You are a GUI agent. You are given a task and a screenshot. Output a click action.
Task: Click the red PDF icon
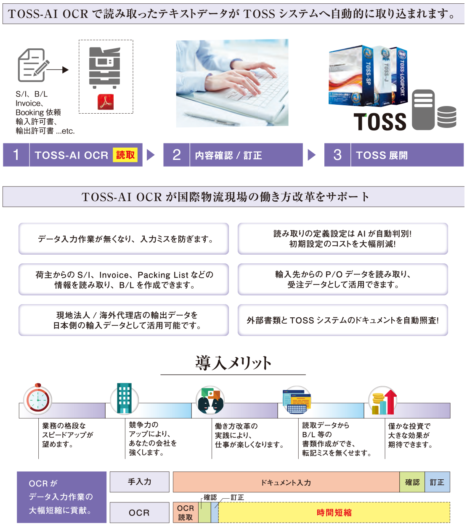pyautogui.click(x=106, y=102)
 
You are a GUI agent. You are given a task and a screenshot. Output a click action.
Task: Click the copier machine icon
pyautogui.click(x=105, y=67)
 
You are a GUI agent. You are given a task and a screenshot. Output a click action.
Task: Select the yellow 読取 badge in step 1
pyautogui.click(x=125, y=155)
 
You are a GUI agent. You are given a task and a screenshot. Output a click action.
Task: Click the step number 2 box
pyautogui.click(x=177, y=155)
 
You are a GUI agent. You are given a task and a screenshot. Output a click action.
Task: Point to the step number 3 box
pyautogui.click(x=337, y=155)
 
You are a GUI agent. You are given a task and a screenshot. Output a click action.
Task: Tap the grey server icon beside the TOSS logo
pyautogui.click(x=423, y=109)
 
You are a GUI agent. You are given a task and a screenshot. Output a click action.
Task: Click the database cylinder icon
pyautogui.click(x=446, y=117)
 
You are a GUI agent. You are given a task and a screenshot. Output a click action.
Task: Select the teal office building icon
pyautogui.click(x=124, y=398)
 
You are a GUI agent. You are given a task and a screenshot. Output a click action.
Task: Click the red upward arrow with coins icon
pyautogui.click(x=383, y=402)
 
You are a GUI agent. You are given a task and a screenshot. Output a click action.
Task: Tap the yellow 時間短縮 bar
pyautogui.click(x=334, y=513)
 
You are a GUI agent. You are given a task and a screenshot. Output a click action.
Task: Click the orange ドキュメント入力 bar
pyautogui.click(x=286, y=482)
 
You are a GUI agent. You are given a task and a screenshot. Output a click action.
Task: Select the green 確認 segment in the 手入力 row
pyautogui.click(x=412, y=482)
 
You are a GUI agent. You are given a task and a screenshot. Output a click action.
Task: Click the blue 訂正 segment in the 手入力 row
pyautogui.click(x=437, y=482)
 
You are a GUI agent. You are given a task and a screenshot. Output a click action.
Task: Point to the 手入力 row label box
pyautogui.click(x=140, y=482)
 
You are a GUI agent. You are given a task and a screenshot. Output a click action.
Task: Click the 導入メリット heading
pyautogui.click(x=233, y=363)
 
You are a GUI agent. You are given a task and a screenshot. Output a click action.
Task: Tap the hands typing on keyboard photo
pyautogui.click(x=232, y=83)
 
